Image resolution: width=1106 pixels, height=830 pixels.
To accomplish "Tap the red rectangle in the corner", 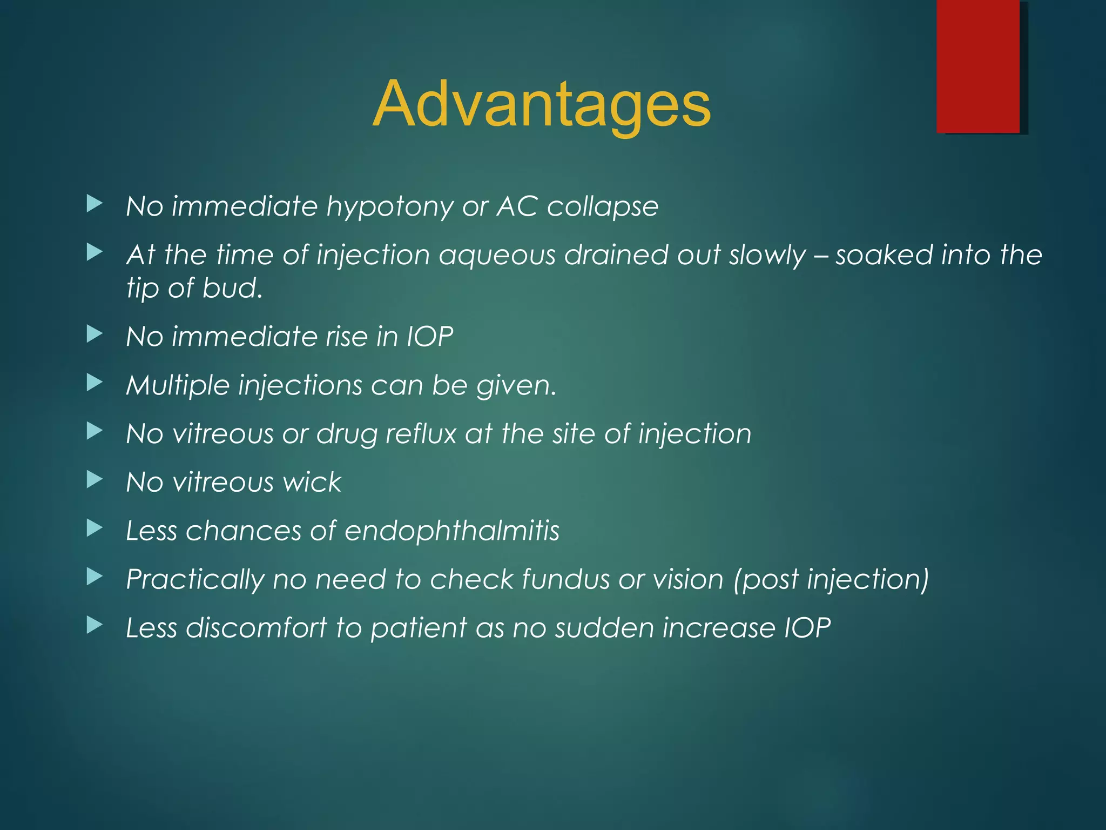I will click(x=978, y=66).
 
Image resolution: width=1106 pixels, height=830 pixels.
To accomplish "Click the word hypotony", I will click(x=389, y=207).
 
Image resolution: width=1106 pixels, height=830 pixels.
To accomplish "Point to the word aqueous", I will click(x=497, y=255).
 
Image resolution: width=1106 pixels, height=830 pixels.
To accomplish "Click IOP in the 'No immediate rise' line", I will click(x=430, y=337).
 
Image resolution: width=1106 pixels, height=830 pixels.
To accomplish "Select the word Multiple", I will click(x=178, y=386).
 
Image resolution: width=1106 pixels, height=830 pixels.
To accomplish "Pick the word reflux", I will click(x=421, y=434).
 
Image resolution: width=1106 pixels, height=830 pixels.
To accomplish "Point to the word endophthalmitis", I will click(x=452, y=531).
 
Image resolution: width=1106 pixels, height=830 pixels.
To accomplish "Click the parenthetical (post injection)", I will click(x=831, y=580).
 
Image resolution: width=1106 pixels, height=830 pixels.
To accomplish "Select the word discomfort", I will click(x=257, y=628).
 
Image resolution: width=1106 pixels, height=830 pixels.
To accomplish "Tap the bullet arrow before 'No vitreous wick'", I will click(x=95, y=479).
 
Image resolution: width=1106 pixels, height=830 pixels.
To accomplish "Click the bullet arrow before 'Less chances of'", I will click(x=95, y=528).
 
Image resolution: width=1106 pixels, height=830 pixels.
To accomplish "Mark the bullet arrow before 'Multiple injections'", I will click(x=95, y=383).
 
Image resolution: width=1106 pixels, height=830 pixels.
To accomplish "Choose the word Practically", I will click(x=195, y=580).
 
